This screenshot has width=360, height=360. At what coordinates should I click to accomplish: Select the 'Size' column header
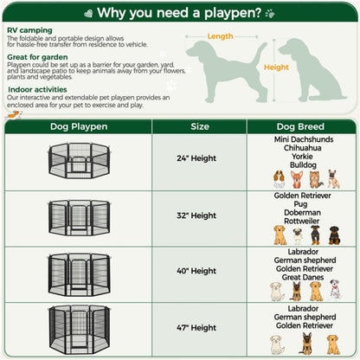click(199, 125)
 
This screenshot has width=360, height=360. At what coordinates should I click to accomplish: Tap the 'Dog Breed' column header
click(303, 125)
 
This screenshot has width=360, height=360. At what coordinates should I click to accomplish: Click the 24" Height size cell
click(199, 160)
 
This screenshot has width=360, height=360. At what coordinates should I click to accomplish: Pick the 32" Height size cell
click(199, 215)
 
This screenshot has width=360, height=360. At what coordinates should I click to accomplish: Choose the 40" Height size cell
click(199, 271)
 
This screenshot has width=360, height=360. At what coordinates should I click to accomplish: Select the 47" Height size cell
click(199, 328)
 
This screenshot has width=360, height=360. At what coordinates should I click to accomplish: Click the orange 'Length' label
click(220, 36)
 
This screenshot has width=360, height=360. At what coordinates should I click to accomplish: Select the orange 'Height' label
click(276, 67)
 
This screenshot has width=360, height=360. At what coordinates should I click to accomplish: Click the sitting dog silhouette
click(315, 69)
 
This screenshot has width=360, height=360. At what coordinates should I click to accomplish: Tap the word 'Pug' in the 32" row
click(303, 204)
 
